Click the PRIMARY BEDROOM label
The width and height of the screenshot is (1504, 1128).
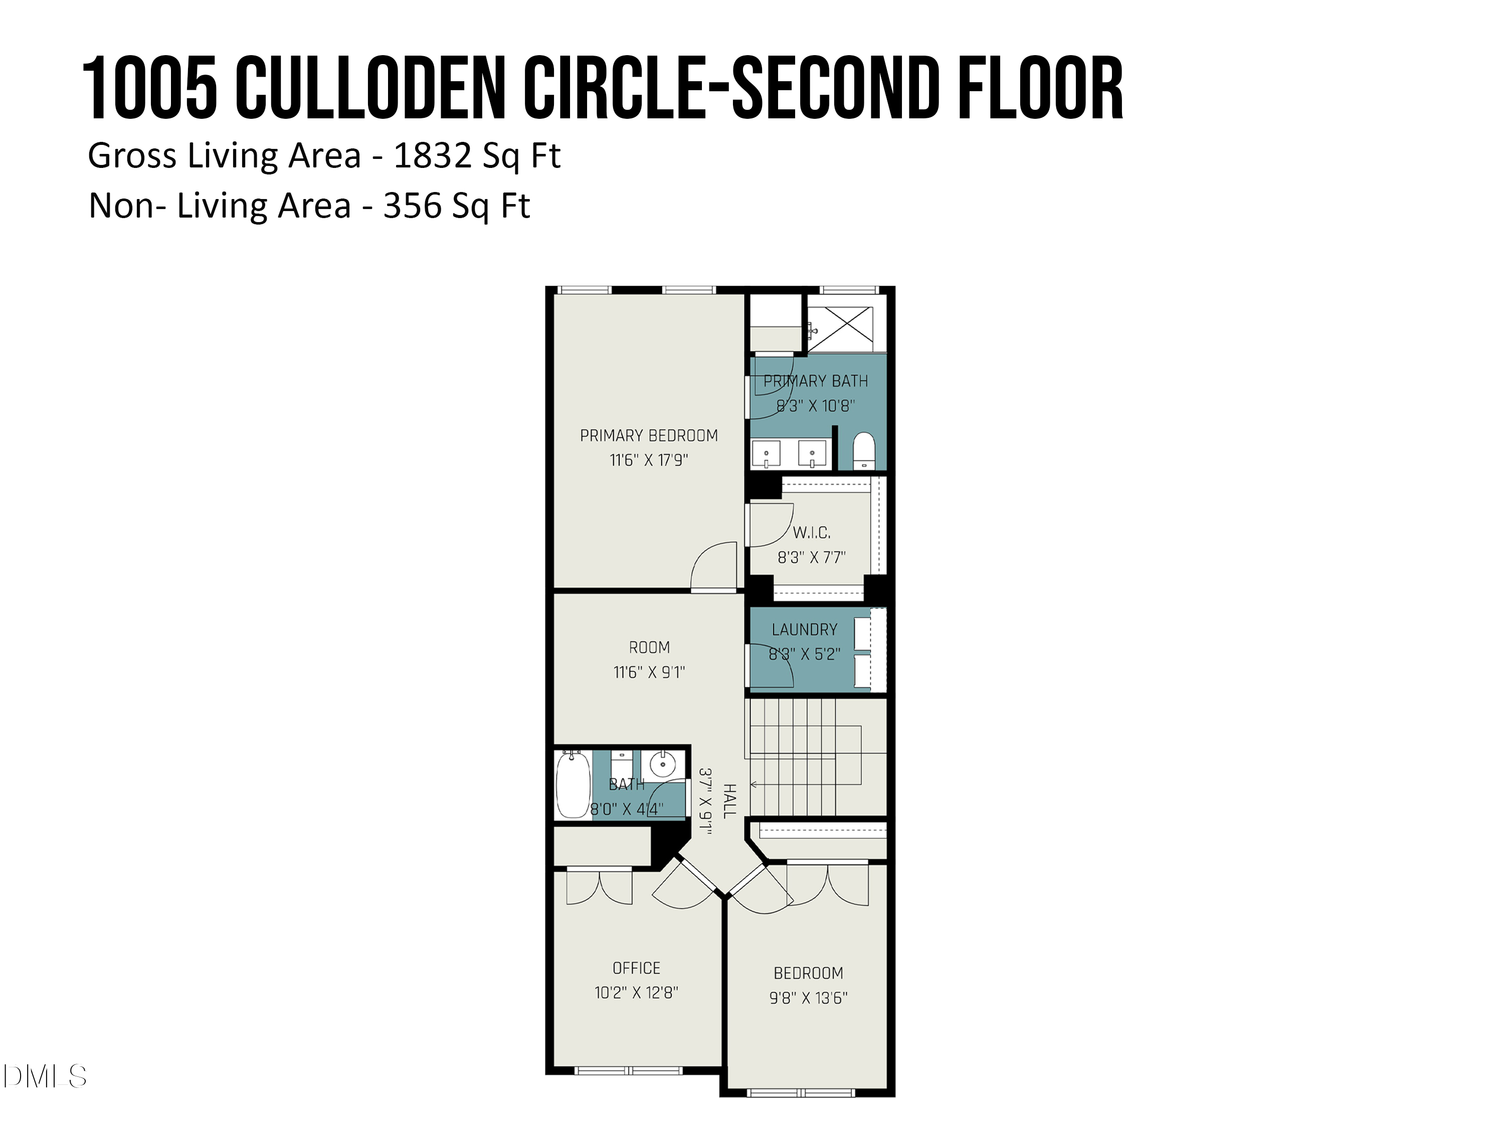click(649, 436)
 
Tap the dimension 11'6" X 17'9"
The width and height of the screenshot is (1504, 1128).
click(649, 460)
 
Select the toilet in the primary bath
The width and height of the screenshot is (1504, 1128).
click(863, 450)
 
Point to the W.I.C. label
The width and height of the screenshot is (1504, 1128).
click(811, 532)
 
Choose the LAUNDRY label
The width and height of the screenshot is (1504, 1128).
click(804, 630)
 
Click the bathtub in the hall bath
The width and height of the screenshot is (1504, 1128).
click(573, 785)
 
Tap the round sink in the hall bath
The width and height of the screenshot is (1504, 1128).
click(662, 764)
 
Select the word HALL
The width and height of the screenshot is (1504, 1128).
click(729, 801)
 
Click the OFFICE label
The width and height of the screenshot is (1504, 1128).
click(636, 968)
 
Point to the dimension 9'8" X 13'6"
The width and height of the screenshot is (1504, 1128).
click(809, 998)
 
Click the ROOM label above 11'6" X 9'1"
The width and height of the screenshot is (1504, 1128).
click(649, 647)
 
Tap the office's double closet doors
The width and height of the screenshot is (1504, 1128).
click(599, 887)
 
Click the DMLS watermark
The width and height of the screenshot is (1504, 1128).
click(45, 1076)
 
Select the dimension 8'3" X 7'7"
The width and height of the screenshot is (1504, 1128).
click(811, 557)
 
